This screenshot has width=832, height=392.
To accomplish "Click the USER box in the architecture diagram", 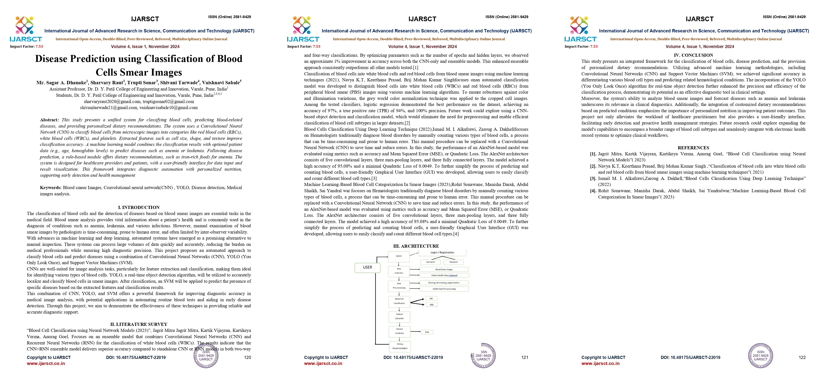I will click(x=368, y=267).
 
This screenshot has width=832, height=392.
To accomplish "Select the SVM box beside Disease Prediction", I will click(x=427, y=332).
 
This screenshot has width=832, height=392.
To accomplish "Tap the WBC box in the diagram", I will click(x=432, y=304).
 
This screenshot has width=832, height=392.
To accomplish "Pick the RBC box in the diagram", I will click(x=431, y=298).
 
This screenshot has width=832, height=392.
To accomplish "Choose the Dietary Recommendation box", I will click(x=400, y=346).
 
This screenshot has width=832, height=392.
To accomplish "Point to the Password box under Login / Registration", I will click(x=453, y=262).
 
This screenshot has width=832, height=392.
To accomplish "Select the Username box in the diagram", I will click(x=430, y=262).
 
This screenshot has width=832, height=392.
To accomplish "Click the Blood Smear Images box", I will click(x=444, y=269).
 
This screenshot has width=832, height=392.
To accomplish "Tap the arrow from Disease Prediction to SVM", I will click(x=415, y=332).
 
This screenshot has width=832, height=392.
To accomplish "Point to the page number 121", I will click(x=525, y=357).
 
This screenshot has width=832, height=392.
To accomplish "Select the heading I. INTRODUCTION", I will click(x=139, y=207).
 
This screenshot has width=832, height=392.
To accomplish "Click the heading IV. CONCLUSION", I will click(x=693, y=55).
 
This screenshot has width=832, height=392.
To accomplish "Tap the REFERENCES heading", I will click(x=693, y=148).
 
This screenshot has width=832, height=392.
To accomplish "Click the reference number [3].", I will click(x=593, y=179).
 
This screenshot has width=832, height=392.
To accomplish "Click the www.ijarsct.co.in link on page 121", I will click(x=323, y=363).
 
